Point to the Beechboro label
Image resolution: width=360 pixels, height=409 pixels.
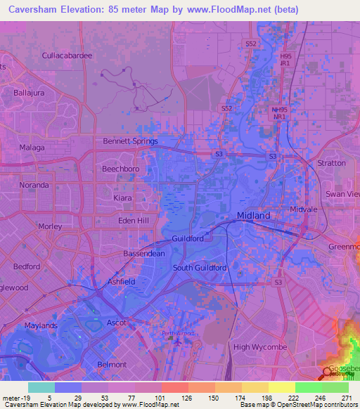point(118,169)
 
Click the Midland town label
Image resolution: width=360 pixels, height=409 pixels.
point(252,216)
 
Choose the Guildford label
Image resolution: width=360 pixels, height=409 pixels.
point(188,238)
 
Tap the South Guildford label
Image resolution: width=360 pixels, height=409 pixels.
point(200,268)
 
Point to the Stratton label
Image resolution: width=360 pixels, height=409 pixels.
point(332,163)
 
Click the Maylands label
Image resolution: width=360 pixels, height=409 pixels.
point(39,326)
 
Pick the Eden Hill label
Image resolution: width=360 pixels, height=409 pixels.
point(134,221)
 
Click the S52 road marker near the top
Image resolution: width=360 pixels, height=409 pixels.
point(251,44)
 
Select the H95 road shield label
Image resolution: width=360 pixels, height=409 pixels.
point(285,56)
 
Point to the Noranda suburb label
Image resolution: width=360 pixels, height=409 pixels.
point(34,185)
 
